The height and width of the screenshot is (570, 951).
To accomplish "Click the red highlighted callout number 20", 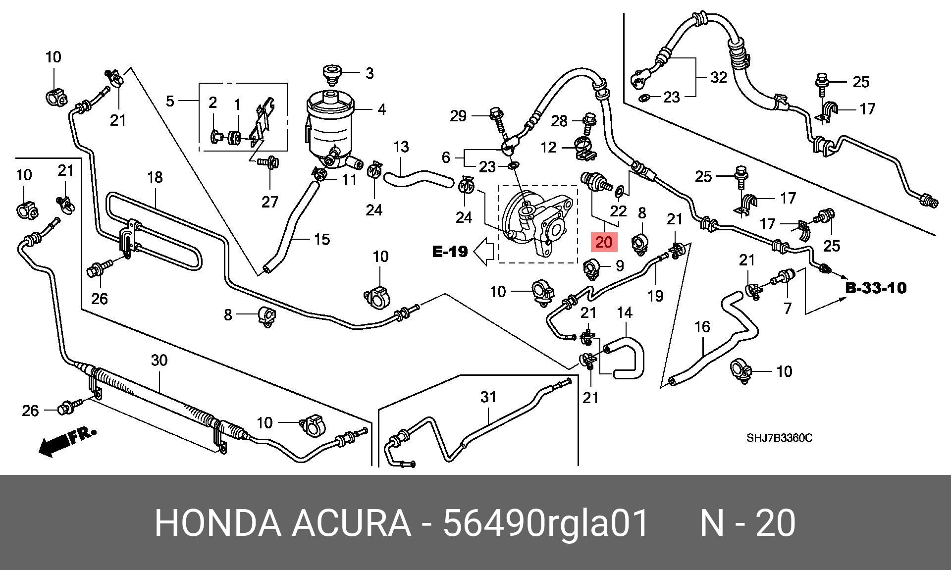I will [604, 242].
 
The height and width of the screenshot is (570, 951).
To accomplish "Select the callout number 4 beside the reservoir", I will [381, 109].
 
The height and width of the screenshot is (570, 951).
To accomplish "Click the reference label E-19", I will [450, 252].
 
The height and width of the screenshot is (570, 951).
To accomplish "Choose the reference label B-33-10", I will [876, 288].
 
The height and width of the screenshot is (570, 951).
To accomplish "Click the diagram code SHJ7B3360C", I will [780, 438].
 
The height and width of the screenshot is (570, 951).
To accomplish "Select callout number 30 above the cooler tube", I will [159, 360].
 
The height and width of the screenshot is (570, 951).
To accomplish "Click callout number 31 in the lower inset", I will [488, 397].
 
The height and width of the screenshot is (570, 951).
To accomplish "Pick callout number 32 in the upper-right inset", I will [718, 77].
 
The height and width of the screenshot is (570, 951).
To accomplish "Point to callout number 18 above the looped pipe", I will [155, 177].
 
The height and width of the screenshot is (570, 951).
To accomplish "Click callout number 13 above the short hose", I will [401, 147].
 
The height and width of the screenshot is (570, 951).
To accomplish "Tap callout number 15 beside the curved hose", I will [322, 239].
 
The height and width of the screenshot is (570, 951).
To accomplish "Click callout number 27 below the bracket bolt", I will [270, 202].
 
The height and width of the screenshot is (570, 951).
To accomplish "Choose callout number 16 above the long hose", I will [702, 327].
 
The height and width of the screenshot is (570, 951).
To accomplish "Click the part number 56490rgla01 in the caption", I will [545, 523].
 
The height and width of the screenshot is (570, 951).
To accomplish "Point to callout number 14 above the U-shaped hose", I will [625, 312].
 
